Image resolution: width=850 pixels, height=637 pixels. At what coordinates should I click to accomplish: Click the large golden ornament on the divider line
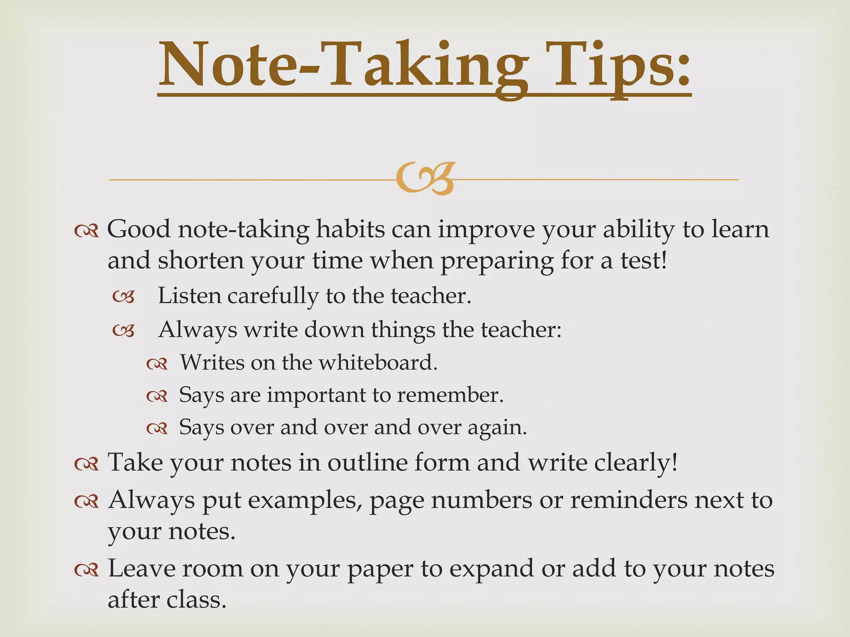[425, 178]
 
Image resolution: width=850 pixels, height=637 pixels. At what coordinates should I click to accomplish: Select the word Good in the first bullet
[139, 229]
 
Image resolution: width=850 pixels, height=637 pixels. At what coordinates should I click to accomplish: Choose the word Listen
[189, 296]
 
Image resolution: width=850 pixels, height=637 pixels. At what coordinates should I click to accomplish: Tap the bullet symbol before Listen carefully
[124, 297]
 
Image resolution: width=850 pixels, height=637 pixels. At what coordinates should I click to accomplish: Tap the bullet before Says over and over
[157, 428]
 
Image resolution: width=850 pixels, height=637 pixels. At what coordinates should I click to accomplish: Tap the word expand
[492, 569]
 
